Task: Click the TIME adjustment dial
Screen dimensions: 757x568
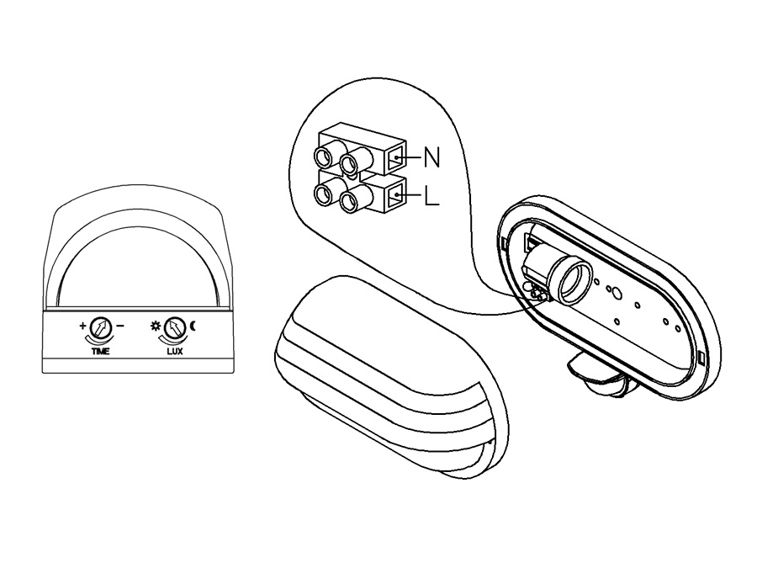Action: click(101, 328)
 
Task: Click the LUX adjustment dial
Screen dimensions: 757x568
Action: click(175, 328)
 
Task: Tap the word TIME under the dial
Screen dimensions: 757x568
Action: click(100, 351)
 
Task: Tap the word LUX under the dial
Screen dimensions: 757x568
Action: click(175, 351)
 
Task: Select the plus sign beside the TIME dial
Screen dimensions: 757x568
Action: click(83, 325)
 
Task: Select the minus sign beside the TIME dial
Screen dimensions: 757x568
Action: click(120, 326)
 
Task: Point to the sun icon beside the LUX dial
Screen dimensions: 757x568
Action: click(156, 326)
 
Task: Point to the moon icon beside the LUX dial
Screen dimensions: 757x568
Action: click(193, 326)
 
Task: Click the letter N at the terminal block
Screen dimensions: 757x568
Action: click(432, 157)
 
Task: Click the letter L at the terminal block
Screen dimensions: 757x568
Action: click(431, 196)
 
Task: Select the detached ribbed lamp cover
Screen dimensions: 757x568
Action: click(391, 377)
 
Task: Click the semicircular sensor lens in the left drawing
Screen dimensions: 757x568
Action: click(137, 268)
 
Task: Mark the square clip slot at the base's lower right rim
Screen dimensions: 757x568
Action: click(701, 358)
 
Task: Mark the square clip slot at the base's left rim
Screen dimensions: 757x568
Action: click(504, 242)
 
